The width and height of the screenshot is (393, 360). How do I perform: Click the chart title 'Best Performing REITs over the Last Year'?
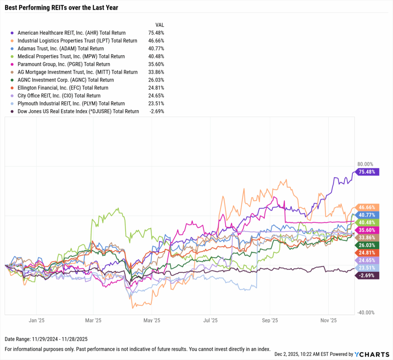[61, 7]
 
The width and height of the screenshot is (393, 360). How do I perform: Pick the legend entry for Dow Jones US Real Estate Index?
[78, 112]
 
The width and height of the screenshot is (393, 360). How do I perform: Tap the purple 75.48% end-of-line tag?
[368, 172]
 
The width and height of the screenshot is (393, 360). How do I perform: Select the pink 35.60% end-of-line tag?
[368, 230]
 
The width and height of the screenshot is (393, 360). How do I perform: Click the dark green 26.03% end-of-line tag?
[368, 245]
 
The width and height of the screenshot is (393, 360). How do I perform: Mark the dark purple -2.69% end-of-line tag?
[368, 275]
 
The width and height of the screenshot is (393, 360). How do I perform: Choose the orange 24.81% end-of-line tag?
[368, 252]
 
